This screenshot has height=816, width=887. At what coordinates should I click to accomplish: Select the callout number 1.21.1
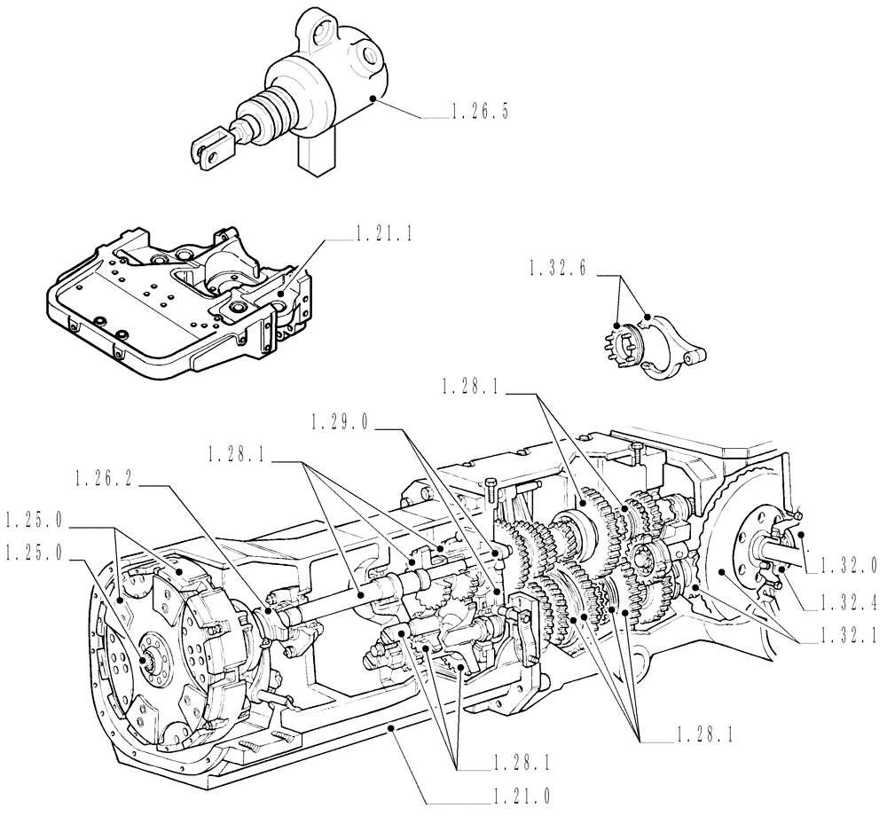coord(386,235)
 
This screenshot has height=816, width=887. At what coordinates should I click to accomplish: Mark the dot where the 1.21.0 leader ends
coord(391,726)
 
